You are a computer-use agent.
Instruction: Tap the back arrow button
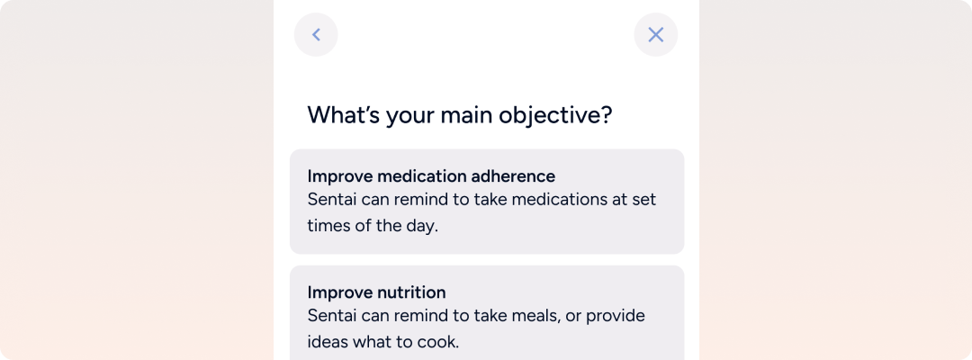tap(316, 35)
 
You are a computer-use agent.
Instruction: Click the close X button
tap(656, 35)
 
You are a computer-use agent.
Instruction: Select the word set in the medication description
tap(643, 200)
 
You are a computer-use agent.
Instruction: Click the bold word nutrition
tap(411, 292)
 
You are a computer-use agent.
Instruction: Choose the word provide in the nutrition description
tap(614, 317)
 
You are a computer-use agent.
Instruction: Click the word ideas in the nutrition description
tap(328, 341)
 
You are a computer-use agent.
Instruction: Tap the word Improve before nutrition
tap(339, 292)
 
